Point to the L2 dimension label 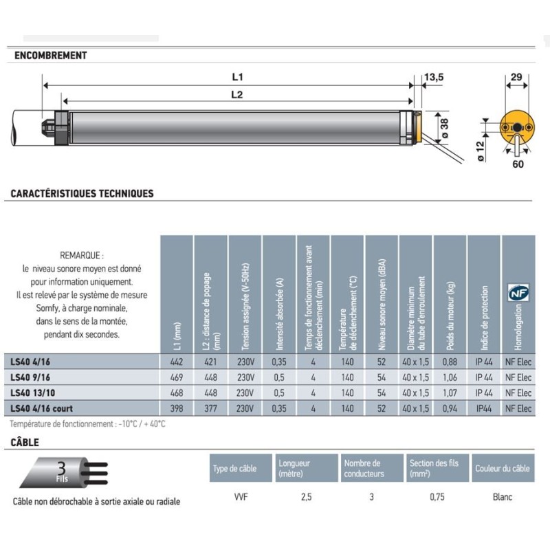pyautogui.click(x=236, y=96)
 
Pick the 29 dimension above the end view pyautogui.click(x=516, y=78)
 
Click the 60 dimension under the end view pyautogui.click(x=517, y=164)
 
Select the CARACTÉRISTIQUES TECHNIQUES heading pyautogui.click(x=82, y=194)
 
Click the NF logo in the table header pyautogui.click(x=516, y=293)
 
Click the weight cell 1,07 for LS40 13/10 pyautogui.click(x=450, y=393)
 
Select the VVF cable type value pyautogui.click(x=241, y=497)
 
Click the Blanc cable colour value pyautogui.click(x=502, y=497)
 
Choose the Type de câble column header pyautogui.click(x=235, y=468)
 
